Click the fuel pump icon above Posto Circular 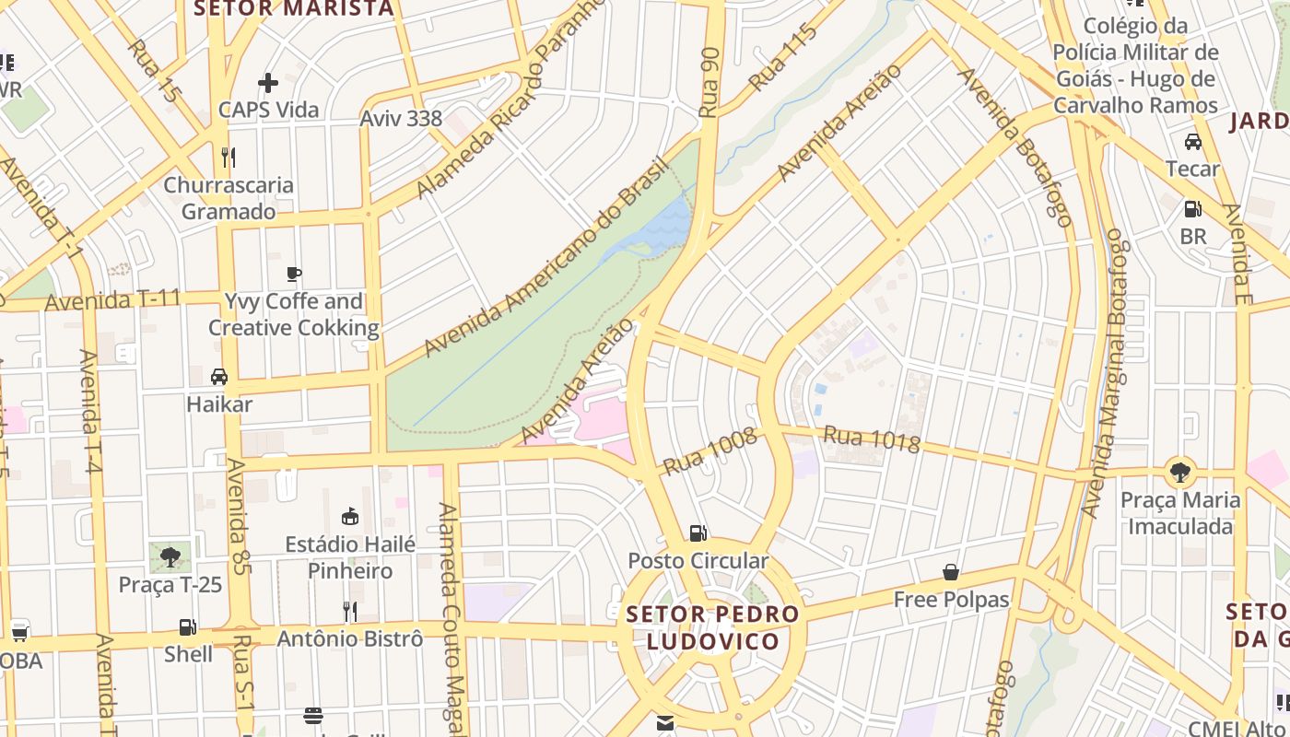(698, 532)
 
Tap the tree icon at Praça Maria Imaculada (1179, 474)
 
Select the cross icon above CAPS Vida (268, 83)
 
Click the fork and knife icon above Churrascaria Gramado (229, 158)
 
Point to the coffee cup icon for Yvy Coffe (294, 274)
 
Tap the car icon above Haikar (219, 377)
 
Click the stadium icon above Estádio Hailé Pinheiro (350, 516)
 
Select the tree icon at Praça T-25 (170, 556)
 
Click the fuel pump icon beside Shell (188, 627)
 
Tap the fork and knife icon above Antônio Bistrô (350, 611)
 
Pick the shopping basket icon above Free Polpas (951, 572)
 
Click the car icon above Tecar (1193, 142)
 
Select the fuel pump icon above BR (1193, 209)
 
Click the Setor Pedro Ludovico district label (712, 627)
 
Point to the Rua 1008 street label (709, 451)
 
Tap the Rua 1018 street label (872, 439)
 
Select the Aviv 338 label (401, 118)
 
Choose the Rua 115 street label (783, 57)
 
